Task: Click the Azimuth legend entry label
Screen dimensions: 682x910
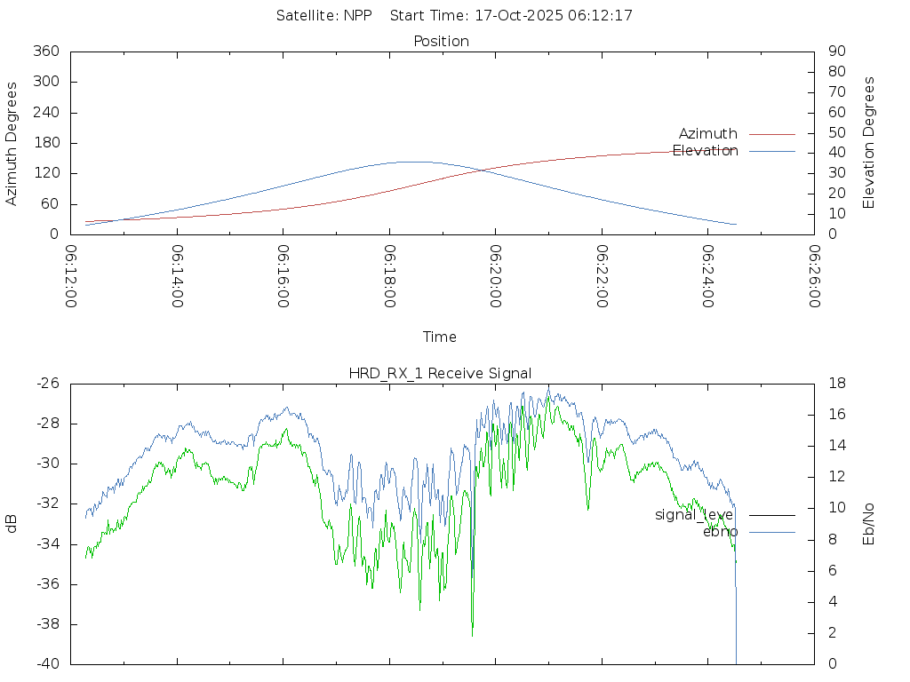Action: point(707,134)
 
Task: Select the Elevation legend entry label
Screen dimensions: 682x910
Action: point(705,151)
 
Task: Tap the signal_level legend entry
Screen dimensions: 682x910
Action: point(694,515)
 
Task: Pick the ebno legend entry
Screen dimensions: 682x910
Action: point(720,532)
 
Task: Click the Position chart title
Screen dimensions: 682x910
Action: point(441,42)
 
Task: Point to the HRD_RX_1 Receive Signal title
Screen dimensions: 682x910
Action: point(440,373)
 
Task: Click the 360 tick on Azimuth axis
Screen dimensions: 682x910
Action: point(45,52)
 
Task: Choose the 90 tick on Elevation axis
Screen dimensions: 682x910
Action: point(835,52)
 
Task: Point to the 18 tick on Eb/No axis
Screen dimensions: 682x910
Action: point(836,384)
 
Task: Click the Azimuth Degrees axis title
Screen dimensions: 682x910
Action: point(12,143)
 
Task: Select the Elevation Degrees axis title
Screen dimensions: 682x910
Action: point(869,143)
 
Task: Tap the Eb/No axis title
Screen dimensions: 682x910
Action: point(869,524)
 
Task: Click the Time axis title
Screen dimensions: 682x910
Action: point(440,337)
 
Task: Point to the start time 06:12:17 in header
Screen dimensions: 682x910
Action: point(603,16)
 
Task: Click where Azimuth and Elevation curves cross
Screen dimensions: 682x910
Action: point(483,170)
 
